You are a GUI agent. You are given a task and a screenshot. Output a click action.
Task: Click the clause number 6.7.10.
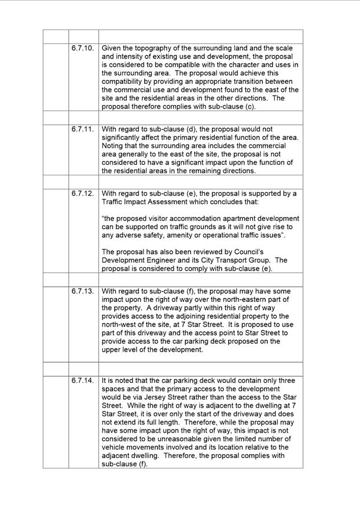click(x=82, y=48)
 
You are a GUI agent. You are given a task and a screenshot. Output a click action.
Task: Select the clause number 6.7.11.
click(x=82, y=129)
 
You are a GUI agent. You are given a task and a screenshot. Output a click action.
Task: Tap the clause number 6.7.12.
click(x=82, y=193)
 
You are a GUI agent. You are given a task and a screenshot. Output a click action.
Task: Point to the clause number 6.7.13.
click(x=82, y=291)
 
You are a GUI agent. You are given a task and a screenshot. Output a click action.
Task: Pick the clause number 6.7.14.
click(x=82, y=381)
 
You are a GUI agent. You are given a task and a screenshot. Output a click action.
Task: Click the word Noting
click(x=113, y=146)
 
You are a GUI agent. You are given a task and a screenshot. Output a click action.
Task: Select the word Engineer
click(x=171, y=260)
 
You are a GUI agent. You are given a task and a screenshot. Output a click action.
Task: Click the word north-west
click(x=120, y=325)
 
